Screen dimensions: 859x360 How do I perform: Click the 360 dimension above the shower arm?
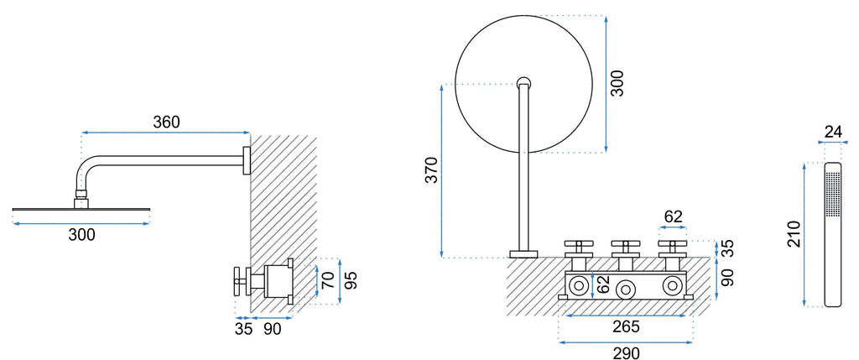tap(166, 123)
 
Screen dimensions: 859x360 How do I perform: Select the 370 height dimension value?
tap(432, 170)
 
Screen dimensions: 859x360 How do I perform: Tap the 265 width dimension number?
tap(626, 326)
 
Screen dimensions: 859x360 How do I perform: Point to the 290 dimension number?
tap(626, 353)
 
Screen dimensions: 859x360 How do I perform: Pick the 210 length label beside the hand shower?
tap(794, 233)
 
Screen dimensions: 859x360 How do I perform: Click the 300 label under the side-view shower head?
tap(81, 234)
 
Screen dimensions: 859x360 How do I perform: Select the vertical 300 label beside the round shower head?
tap(617, 84)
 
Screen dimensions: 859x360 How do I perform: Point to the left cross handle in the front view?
tap(578, 250)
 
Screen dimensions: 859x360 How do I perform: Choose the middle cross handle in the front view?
tap(624, 250)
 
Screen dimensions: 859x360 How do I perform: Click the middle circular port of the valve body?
tap(624, 288)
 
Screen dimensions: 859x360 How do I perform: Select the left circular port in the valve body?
tap(578, 285)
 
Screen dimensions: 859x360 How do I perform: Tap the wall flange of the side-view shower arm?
tap(247, 160)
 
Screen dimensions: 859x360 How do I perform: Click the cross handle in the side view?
tap(238, 282)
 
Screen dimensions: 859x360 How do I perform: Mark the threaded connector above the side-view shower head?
tap(81, 193)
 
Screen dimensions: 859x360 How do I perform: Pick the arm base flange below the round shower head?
tap(523, 254)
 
